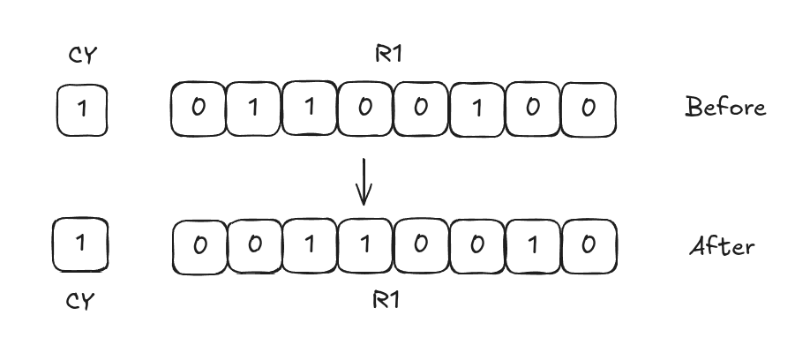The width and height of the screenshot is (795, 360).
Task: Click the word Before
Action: [x=725, y=108]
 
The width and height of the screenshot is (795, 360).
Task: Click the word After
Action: [x=722, y=245]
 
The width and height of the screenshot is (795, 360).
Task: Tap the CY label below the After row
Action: [x=81, y=300]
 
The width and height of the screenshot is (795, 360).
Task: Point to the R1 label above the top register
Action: [x=387, y=55]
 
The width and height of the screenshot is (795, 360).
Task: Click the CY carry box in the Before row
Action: [x=82, y=109]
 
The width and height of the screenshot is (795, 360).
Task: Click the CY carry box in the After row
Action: [x=81, y=244]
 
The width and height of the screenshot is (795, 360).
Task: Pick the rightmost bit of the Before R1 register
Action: [x=589, y=109]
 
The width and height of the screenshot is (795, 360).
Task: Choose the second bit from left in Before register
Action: [x=254, y=109]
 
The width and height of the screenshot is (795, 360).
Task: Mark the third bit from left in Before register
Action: [x=310, y=109]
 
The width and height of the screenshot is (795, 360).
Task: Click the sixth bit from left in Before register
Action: [x=477, y=109]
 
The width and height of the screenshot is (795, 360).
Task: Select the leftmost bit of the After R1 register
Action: [x=199, y=244]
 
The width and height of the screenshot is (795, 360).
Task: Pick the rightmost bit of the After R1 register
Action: [x=589, y=244]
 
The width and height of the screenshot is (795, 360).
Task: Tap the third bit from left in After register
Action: [x=310, y=244]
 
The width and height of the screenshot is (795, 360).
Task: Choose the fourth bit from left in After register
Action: [x=365, y=244]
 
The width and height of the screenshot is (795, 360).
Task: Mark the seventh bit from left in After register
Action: [x=533, y=244]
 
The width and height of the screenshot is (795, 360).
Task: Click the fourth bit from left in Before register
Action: [x=365, y=109]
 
